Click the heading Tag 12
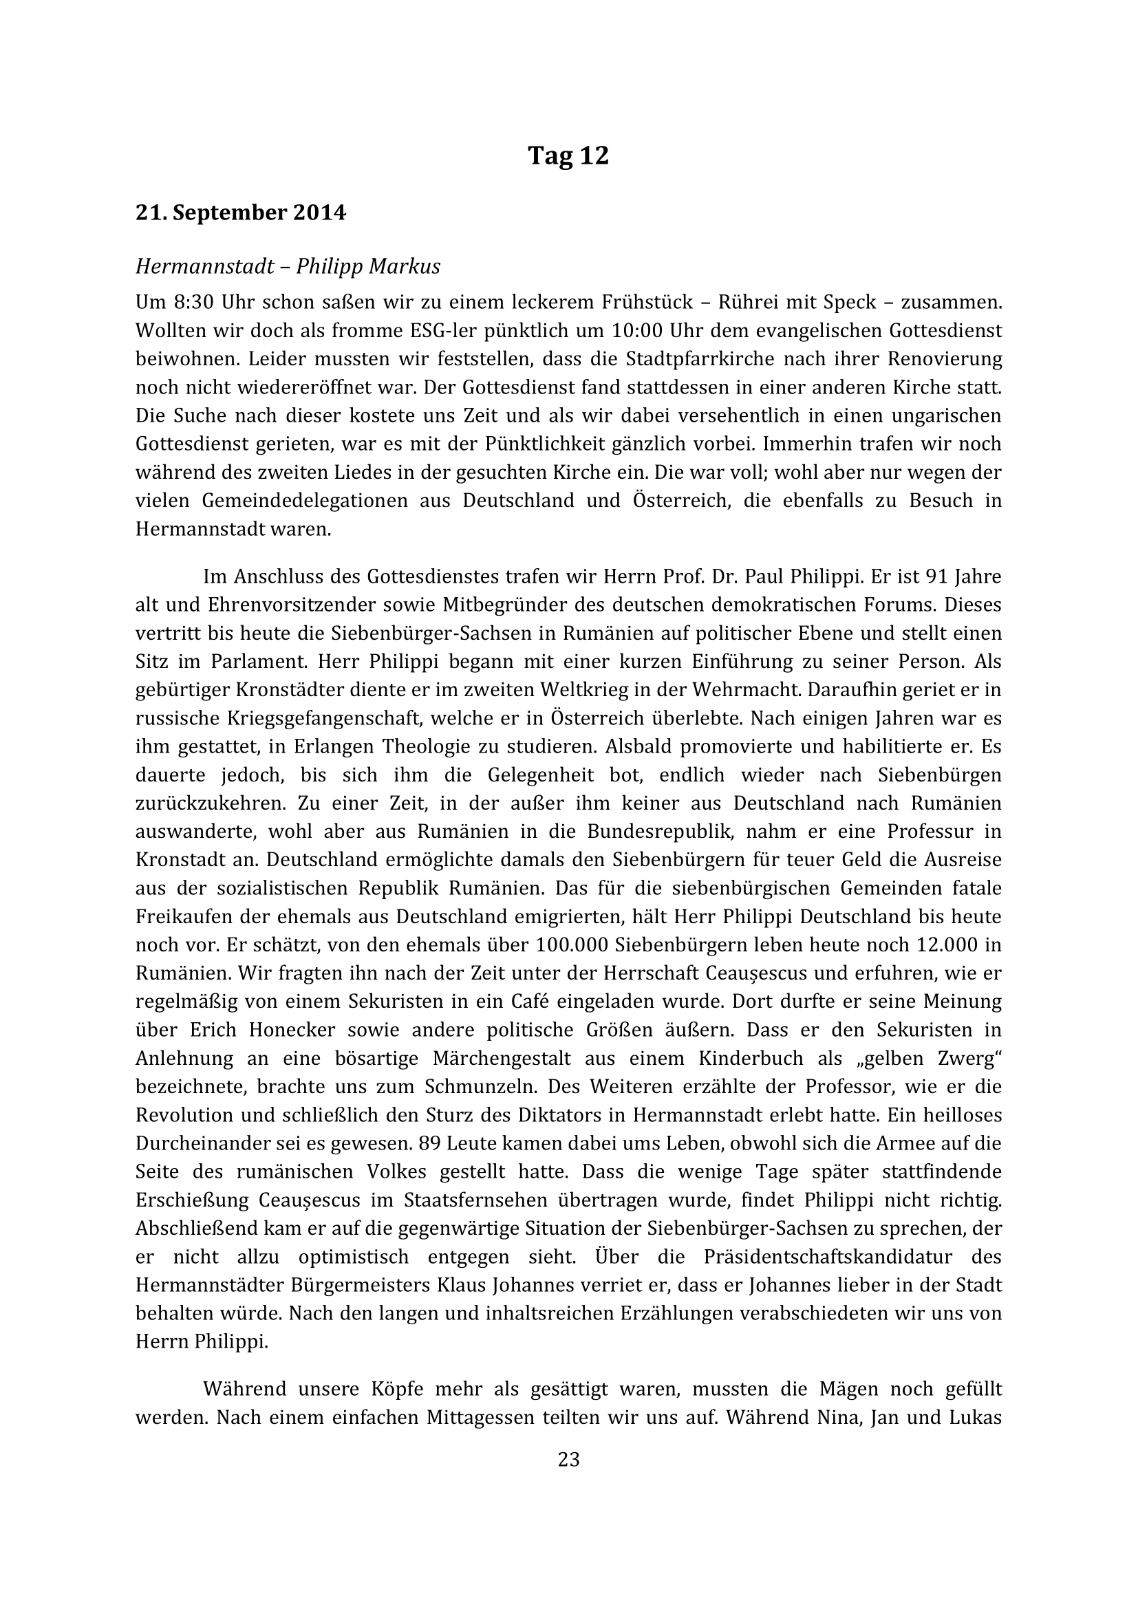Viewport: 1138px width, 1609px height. pos(568,155)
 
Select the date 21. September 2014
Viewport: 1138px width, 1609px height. pos(240,213)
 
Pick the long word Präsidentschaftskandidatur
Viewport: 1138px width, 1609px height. pos(828,1257)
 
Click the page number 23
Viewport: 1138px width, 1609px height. pos(568,1460)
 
